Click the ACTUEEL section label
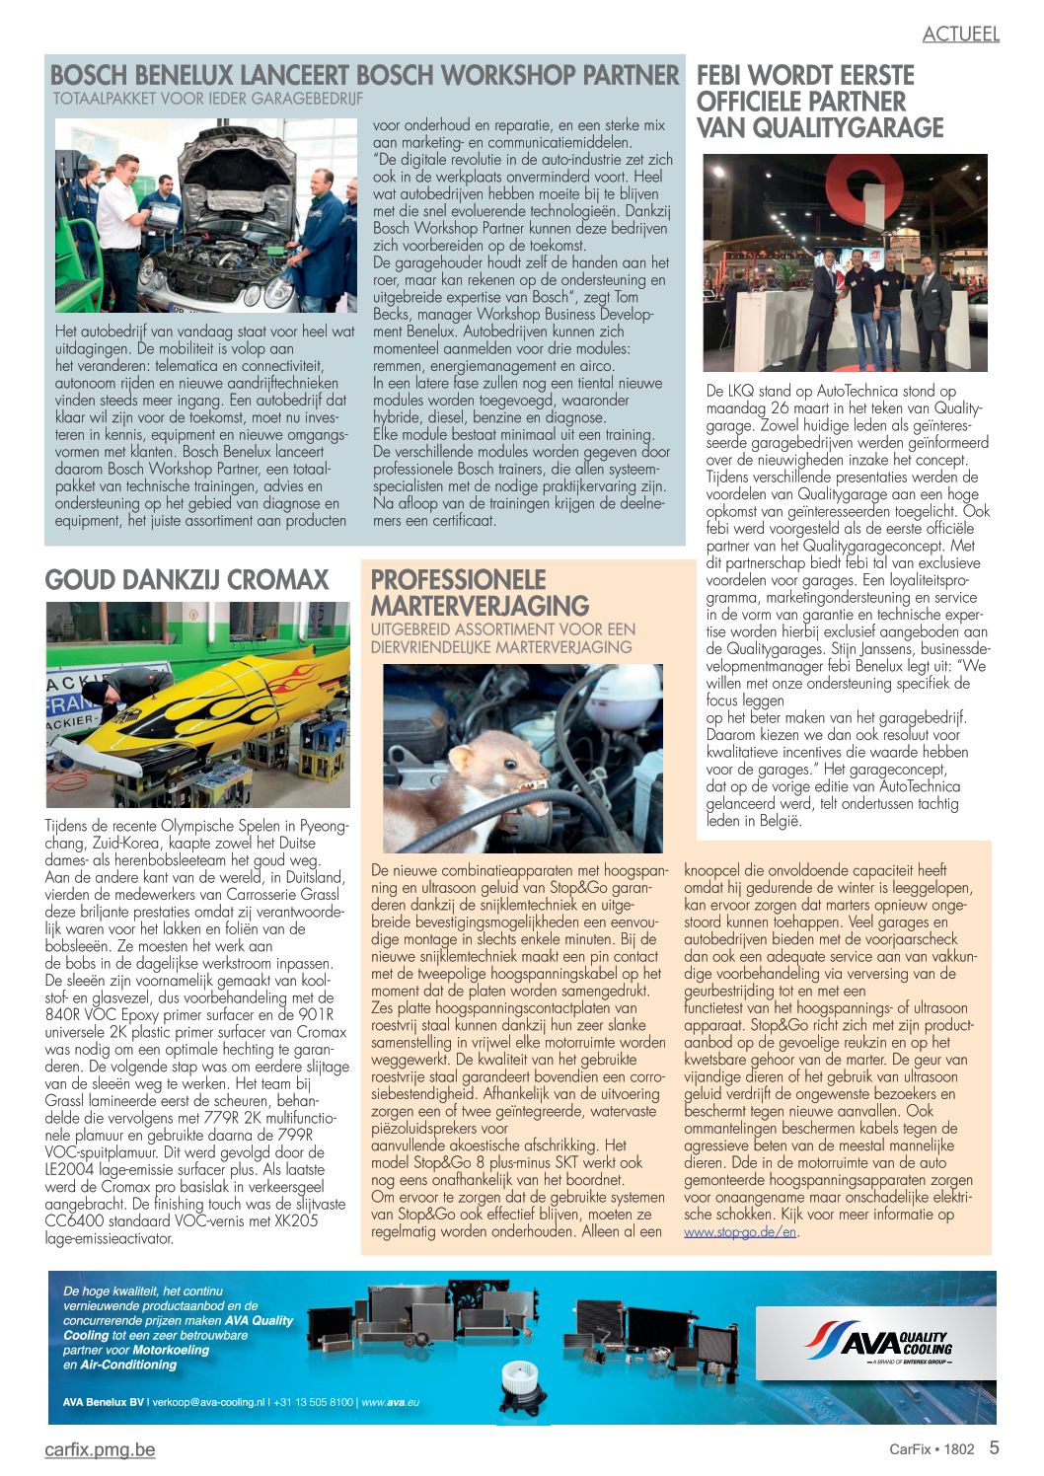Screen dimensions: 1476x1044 960,34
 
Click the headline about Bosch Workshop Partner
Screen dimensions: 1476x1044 364,75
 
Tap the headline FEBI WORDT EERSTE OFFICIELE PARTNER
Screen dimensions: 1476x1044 819,102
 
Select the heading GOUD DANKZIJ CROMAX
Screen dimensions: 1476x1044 186,579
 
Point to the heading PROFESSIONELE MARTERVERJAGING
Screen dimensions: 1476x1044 480,592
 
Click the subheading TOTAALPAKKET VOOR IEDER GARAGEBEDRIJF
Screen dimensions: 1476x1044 208,100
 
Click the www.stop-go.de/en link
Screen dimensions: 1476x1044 740,1232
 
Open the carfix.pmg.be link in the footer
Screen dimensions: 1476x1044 100,1449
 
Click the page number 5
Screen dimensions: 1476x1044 995,1448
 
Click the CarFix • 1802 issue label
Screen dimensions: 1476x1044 931,1449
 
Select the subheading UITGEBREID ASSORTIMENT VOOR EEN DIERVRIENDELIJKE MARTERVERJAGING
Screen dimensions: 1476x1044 502,638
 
